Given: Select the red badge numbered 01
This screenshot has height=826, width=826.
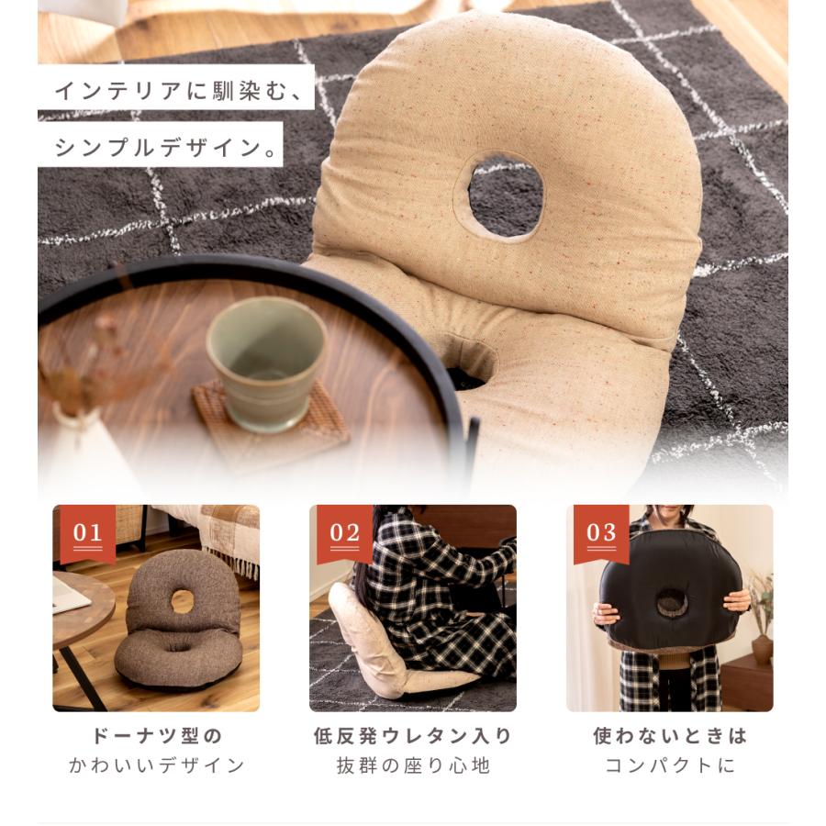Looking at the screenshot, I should tap(87, 532).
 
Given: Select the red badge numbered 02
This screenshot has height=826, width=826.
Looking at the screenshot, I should tap(344, 532).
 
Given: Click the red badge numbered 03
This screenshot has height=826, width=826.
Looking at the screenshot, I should tap(601, 532).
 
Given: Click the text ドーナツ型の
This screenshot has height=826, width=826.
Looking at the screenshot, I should tap(157, 736).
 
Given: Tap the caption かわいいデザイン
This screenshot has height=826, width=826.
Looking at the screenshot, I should tap(157, 765).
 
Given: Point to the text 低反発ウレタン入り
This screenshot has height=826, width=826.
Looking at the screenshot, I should tap(412, 736).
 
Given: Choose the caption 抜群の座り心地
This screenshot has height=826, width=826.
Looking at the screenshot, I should tap(412, 765).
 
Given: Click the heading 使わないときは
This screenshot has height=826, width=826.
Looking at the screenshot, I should tap(670, 736).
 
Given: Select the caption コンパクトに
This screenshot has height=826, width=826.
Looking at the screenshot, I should tap(670, 765).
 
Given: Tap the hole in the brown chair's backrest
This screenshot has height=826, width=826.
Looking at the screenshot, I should tap(182, 601).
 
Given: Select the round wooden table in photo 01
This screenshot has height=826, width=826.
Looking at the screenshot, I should tap(78, 610).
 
